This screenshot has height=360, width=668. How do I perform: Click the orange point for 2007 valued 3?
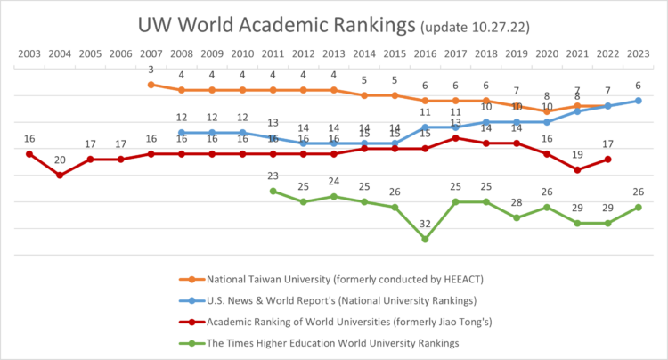click(151, 85)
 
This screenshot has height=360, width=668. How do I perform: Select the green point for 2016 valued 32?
click(425, 239)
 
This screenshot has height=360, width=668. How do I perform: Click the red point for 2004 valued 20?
click(60, 176)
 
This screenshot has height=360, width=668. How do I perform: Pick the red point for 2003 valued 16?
click(29, 154)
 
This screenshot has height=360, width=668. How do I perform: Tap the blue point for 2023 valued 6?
click(638, 101)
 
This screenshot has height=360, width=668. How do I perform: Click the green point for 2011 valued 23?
click(273, 191)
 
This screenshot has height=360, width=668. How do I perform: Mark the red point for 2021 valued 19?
click(577, 169)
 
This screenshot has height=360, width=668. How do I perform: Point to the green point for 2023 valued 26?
click(638, 208)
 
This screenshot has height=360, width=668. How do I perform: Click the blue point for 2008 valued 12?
click(182, 133)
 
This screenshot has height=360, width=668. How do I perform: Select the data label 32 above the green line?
click(425, 224)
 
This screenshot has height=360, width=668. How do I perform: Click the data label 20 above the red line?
click(60, 160)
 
